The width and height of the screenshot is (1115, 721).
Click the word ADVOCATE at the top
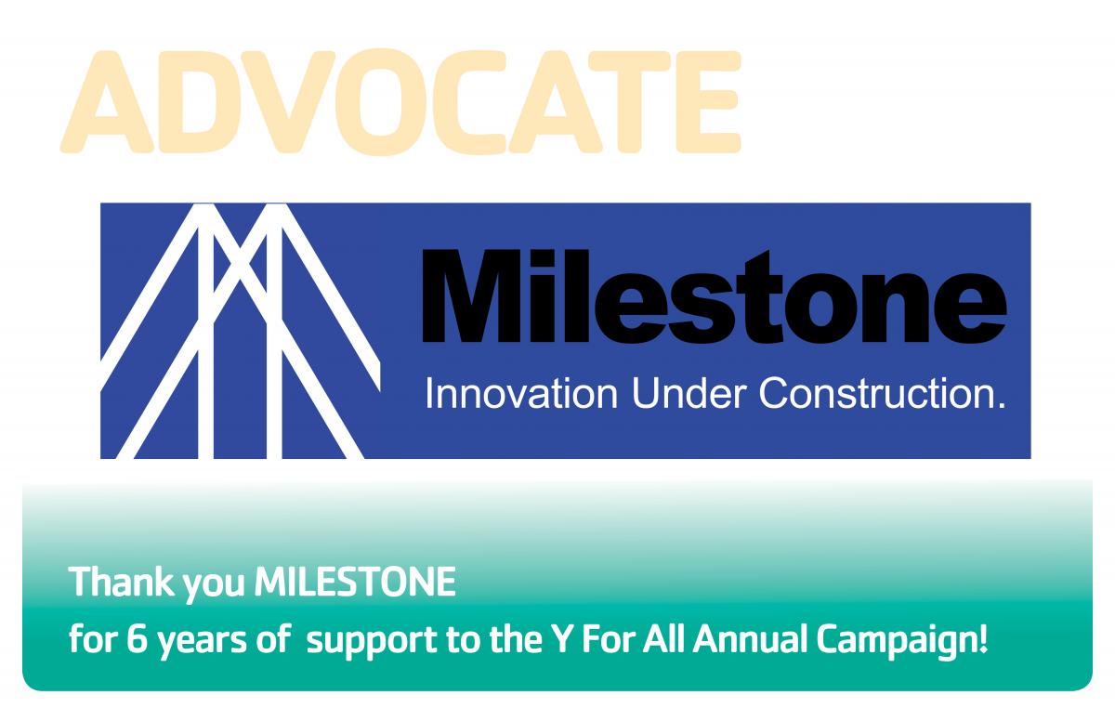(400, 101)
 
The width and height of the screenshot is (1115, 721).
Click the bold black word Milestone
(715, 296)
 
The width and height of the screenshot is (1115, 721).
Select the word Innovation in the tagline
(521, 394)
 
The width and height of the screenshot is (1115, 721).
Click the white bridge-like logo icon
(241, 331)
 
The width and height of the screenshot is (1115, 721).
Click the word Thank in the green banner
(122, 582)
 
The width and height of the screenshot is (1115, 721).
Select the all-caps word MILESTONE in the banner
(355, 582)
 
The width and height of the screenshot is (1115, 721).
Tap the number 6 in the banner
(138, 639)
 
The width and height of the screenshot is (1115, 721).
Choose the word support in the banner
(372, 642)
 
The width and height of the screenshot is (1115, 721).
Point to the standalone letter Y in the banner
(561, 638)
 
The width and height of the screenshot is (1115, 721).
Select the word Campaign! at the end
(901, 641)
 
